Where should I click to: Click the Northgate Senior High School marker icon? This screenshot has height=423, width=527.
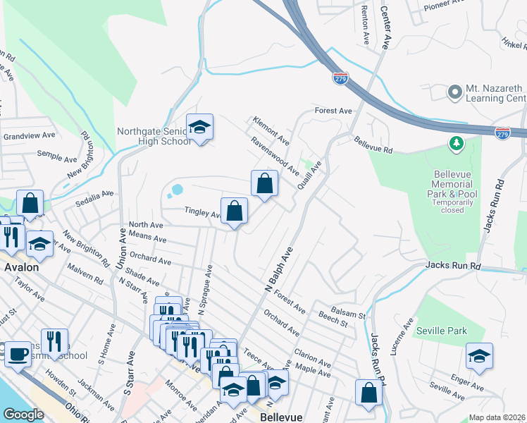pyautogui.click(x=200, y=128)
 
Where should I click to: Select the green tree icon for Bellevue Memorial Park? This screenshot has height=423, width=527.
pyautogui.click(x=457, y=144)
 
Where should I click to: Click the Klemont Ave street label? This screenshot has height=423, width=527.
pyautogui.click(x=271, y=130)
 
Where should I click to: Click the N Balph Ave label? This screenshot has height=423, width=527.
pyautogui.click(x=278, y=270)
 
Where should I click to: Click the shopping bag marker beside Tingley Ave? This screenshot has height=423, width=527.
pyautogui.click(x=235, y=211)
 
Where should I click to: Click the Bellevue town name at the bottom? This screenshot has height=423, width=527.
pyautogui.click(x=281, y=417)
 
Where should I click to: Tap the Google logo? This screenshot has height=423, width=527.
pyautogui.click(x=23, y=415)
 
